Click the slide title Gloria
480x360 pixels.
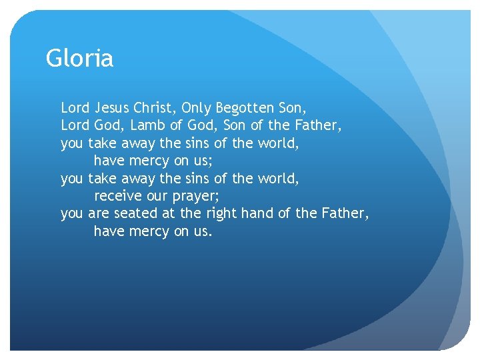[79, 59]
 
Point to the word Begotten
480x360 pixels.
[247, 107]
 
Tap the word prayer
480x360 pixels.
[197, 197]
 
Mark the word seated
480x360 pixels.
[137, 214]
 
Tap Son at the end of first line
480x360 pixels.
[293, 107]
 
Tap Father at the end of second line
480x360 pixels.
[319, 125]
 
